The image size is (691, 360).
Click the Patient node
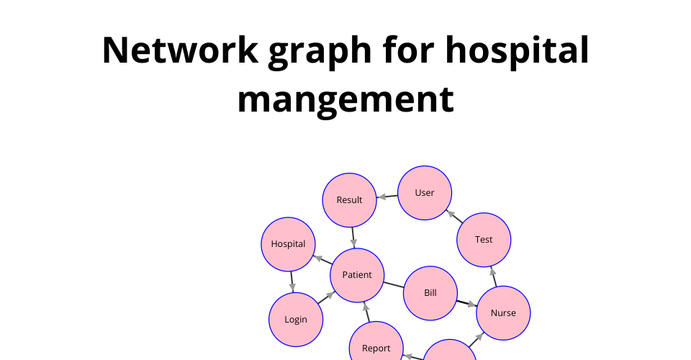pos(357,275)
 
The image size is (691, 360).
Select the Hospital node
pos(288,244)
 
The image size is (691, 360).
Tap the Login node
pos(296,320)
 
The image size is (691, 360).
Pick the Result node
pos(350,200)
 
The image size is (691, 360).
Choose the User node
pos(425,193)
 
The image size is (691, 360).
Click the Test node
pos(484,240)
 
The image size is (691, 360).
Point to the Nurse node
pos(503,313)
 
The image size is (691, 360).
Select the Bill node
pos(430,293)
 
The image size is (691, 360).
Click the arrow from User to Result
pos(387,197)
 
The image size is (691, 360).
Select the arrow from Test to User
pos(454,216)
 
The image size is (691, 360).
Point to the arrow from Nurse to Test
pos(494,276)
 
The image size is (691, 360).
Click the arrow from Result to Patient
pos(353,238)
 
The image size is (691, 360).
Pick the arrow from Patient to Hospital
pos(322,259)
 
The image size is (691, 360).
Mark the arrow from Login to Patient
pos(326,297)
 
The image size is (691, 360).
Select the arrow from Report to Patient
pos(366,312)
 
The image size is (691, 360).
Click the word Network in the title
pos(180,50)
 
